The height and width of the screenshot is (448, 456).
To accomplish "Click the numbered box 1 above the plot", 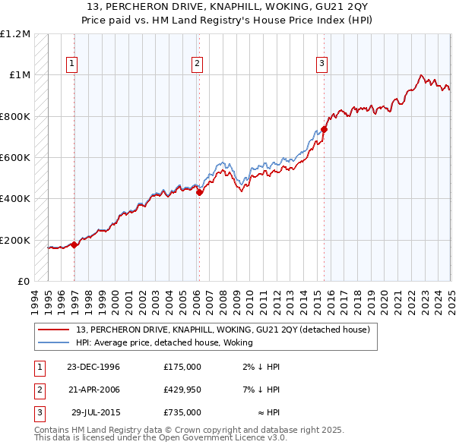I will point(72,64).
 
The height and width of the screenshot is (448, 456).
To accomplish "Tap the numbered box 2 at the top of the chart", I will point(197,64).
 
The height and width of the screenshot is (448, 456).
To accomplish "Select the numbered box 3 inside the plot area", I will point(321,64).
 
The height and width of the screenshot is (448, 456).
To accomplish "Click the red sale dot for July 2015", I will point(325,129).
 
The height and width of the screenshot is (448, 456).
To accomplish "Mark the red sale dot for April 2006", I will point(200,193).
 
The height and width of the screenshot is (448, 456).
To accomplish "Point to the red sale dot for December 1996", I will point(74,245).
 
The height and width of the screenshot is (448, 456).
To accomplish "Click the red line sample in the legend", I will point(55,330).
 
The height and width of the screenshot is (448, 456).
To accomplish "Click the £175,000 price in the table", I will point(182,367).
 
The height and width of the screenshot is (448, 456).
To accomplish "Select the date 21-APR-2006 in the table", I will point(94,390).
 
